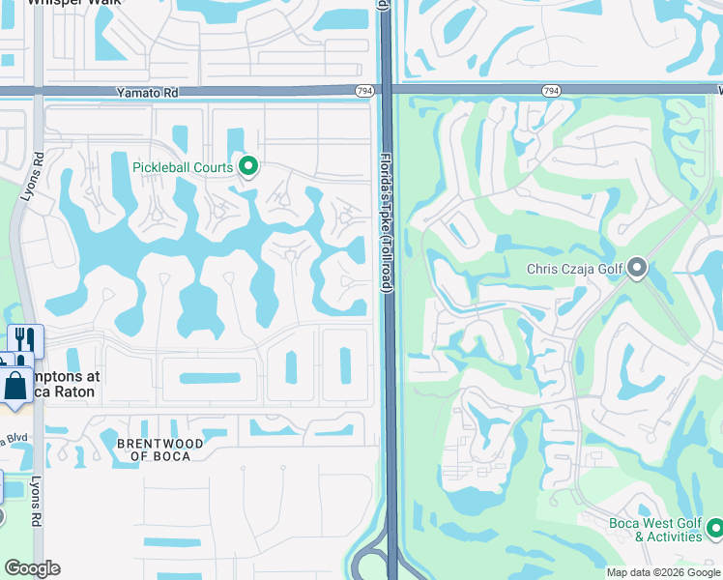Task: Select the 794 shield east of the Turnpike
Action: click(x=551, y=91)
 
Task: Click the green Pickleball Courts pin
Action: click(x=247, y=167)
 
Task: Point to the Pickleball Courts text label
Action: click(x=183, y=167)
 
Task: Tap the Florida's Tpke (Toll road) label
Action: click(x=386, y=221)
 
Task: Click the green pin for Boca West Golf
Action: click(x=714, y=528)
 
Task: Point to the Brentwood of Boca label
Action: click(x=159, y=449)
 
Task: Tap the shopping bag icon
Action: click(x=17, y=384)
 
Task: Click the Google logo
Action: click(x=32, y=568)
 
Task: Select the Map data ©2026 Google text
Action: click(x=663, y=571)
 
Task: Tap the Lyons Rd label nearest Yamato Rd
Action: click(x=38, y=175)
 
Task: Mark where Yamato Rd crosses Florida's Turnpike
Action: click(x=386, y=89)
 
